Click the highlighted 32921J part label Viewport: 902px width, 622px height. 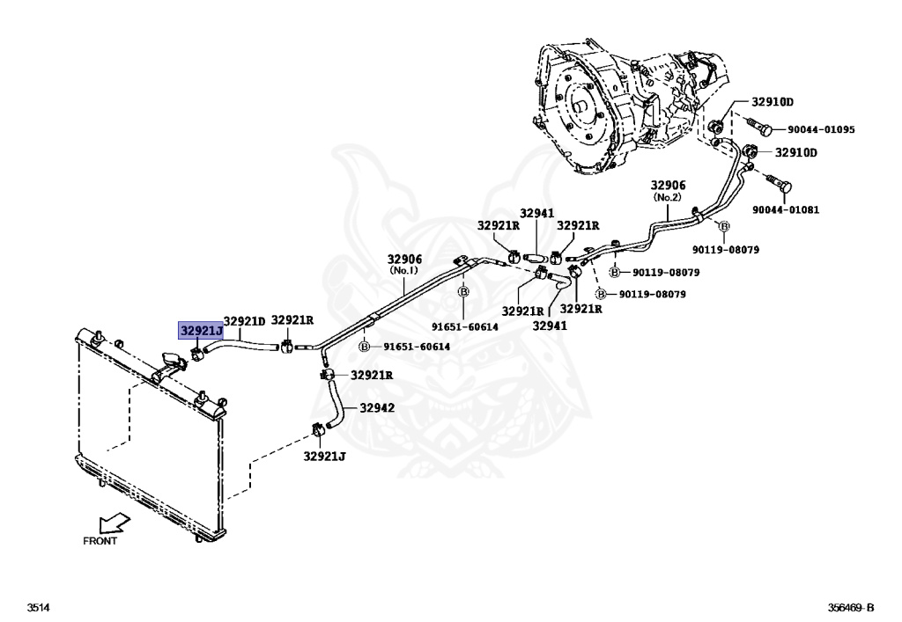[x=201, y=332]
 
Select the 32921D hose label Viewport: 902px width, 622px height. [x=244, y=322]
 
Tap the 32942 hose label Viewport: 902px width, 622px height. [x=375, y=408]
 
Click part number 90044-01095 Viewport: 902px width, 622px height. [x=821, y=130]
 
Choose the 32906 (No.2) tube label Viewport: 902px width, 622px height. [x=668, y=191]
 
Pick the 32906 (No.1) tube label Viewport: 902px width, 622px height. [x=405, y=265]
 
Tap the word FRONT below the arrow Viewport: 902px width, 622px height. [x=100, y=542]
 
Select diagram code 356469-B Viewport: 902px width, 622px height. [x=850, y=608]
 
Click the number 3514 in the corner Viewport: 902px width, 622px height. [x=39, y=608]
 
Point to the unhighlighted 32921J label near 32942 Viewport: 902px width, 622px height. [x=325, y=457]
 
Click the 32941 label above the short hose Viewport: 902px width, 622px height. [x=536, y=213]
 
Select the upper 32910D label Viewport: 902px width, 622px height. [x=772, y=102]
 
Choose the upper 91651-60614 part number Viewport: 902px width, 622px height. [x=464, y=326]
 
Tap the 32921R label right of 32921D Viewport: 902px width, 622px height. [x=292, y=320]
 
